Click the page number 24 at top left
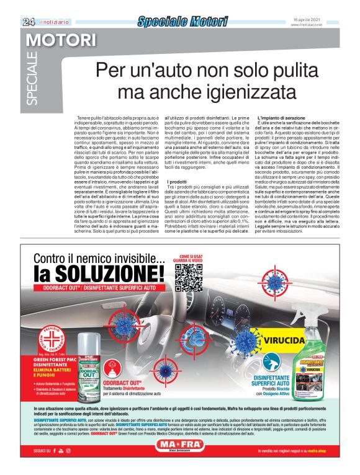point(28,22)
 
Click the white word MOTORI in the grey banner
point(61,42)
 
